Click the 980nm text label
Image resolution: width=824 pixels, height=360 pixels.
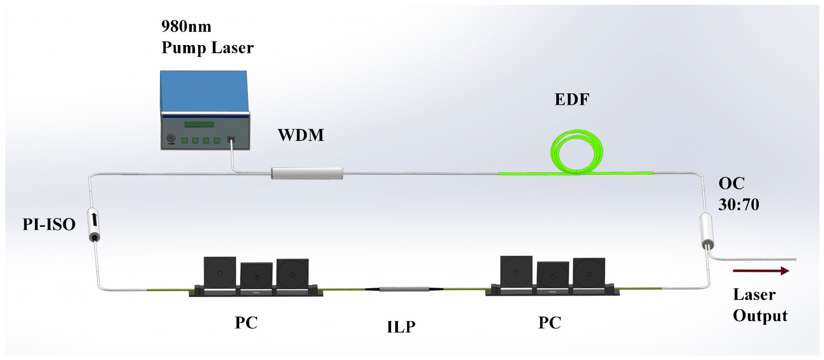(186, 26)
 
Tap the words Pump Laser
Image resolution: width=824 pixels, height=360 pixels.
(207, 48)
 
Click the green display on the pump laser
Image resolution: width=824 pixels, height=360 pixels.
(199, 124)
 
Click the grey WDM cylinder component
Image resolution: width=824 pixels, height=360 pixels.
(307, 173)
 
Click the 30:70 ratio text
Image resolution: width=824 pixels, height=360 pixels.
(738, 204)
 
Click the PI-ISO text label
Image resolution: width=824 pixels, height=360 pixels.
(49, 224)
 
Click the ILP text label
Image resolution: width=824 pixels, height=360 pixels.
(401, 327)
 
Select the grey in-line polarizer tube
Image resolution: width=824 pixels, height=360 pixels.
(404, 289)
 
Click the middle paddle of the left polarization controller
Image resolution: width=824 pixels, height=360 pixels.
(256, 276)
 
